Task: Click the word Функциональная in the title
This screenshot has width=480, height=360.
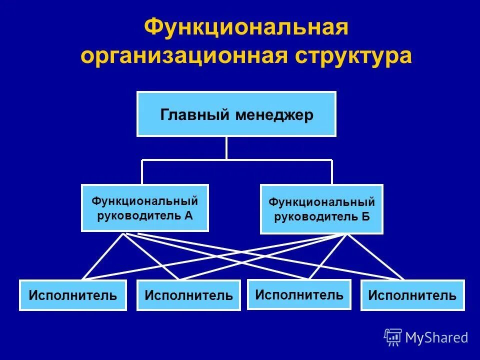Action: pyautogui.click(x=245, y=27)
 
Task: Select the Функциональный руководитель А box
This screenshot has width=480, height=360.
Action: pyautogui.click(x=145, y=208)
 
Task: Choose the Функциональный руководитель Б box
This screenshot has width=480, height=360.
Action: pyautogui.click(x=321, y=209)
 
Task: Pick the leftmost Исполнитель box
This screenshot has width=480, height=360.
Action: pyautogui.click(x=73, y=295)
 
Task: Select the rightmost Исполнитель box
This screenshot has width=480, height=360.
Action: pyautogui.click(x=412, y=295)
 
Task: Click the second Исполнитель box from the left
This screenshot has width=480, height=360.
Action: pyautogui.click(x=189, y=295)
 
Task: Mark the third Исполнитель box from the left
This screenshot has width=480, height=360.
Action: pyautogui.click(x=299, y=294)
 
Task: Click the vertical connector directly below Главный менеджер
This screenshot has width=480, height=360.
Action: pyautogui.click(x=226, y=148)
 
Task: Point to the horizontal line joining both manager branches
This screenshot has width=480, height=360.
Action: pyautogui.click(x=280, y=160)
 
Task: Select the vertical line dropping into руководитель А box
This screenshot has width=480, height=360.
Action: pyautogui.click(x=142, y=172)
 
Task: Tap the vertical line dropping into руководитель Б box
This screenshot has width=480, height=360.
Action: pyautogui.click(x=331, y=172)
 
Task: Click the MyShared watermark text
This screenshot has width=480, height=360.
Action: pyautogui.click(x=436, y=338)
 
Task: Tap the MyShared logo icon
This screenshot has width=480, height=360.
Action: pyautogui.click(x=393, y=337)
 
